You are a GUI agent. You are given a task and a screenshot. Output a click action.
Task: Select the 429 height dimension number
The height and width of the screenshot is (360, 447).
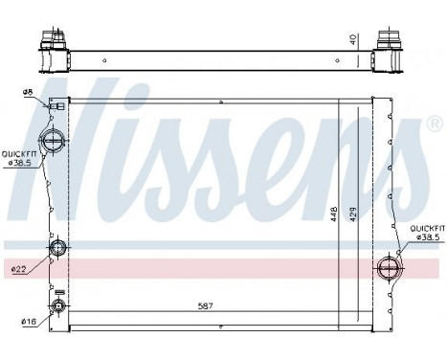tap(351, 216)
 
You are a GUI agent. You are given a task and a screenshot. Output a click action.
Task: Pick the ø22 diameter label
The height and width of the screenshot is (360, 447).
tap(19, 269)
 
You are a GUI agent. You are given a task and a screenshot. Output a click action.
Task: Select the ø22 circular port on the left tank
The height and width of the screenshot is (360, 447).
tap(57, 251)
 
